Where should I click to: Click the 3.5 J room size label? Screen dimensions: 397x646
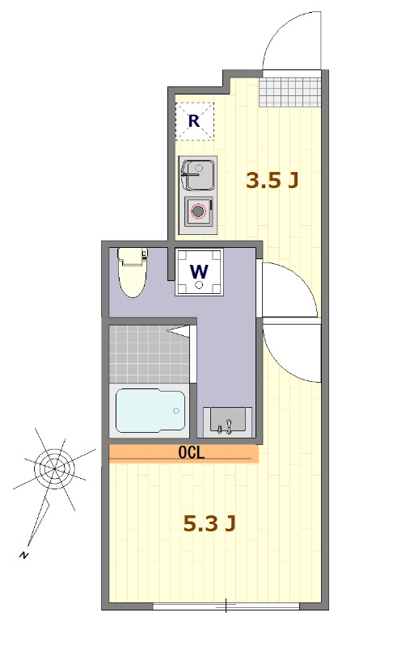click(272, 180)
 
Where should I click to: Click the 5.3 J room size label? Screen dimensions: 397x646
click(209, 523)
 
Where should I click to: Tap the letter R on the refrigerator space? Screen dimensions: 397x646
click(194, 121)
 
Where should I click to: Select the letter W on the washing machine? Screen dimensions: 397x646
click(199, 271)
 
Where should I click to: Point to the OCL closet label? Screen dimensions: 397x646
click(192, 453)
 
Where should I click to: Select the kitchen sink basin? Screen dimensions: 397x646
click(199, 174)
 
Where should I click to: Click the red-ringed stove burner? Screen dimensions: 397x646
click(199, 212)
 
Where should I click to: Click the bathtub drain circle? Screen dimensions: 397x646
click(176, 410)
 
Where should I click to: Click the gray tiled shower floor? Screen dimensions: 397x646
click(150, 354)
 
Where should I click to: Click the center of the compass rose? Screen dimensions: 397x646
click(54, 468)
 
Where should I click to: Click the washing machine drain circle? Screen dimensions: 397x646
click(199, 284)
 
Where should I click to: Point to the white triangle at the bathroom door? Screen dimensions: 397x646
click(179, 331)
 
